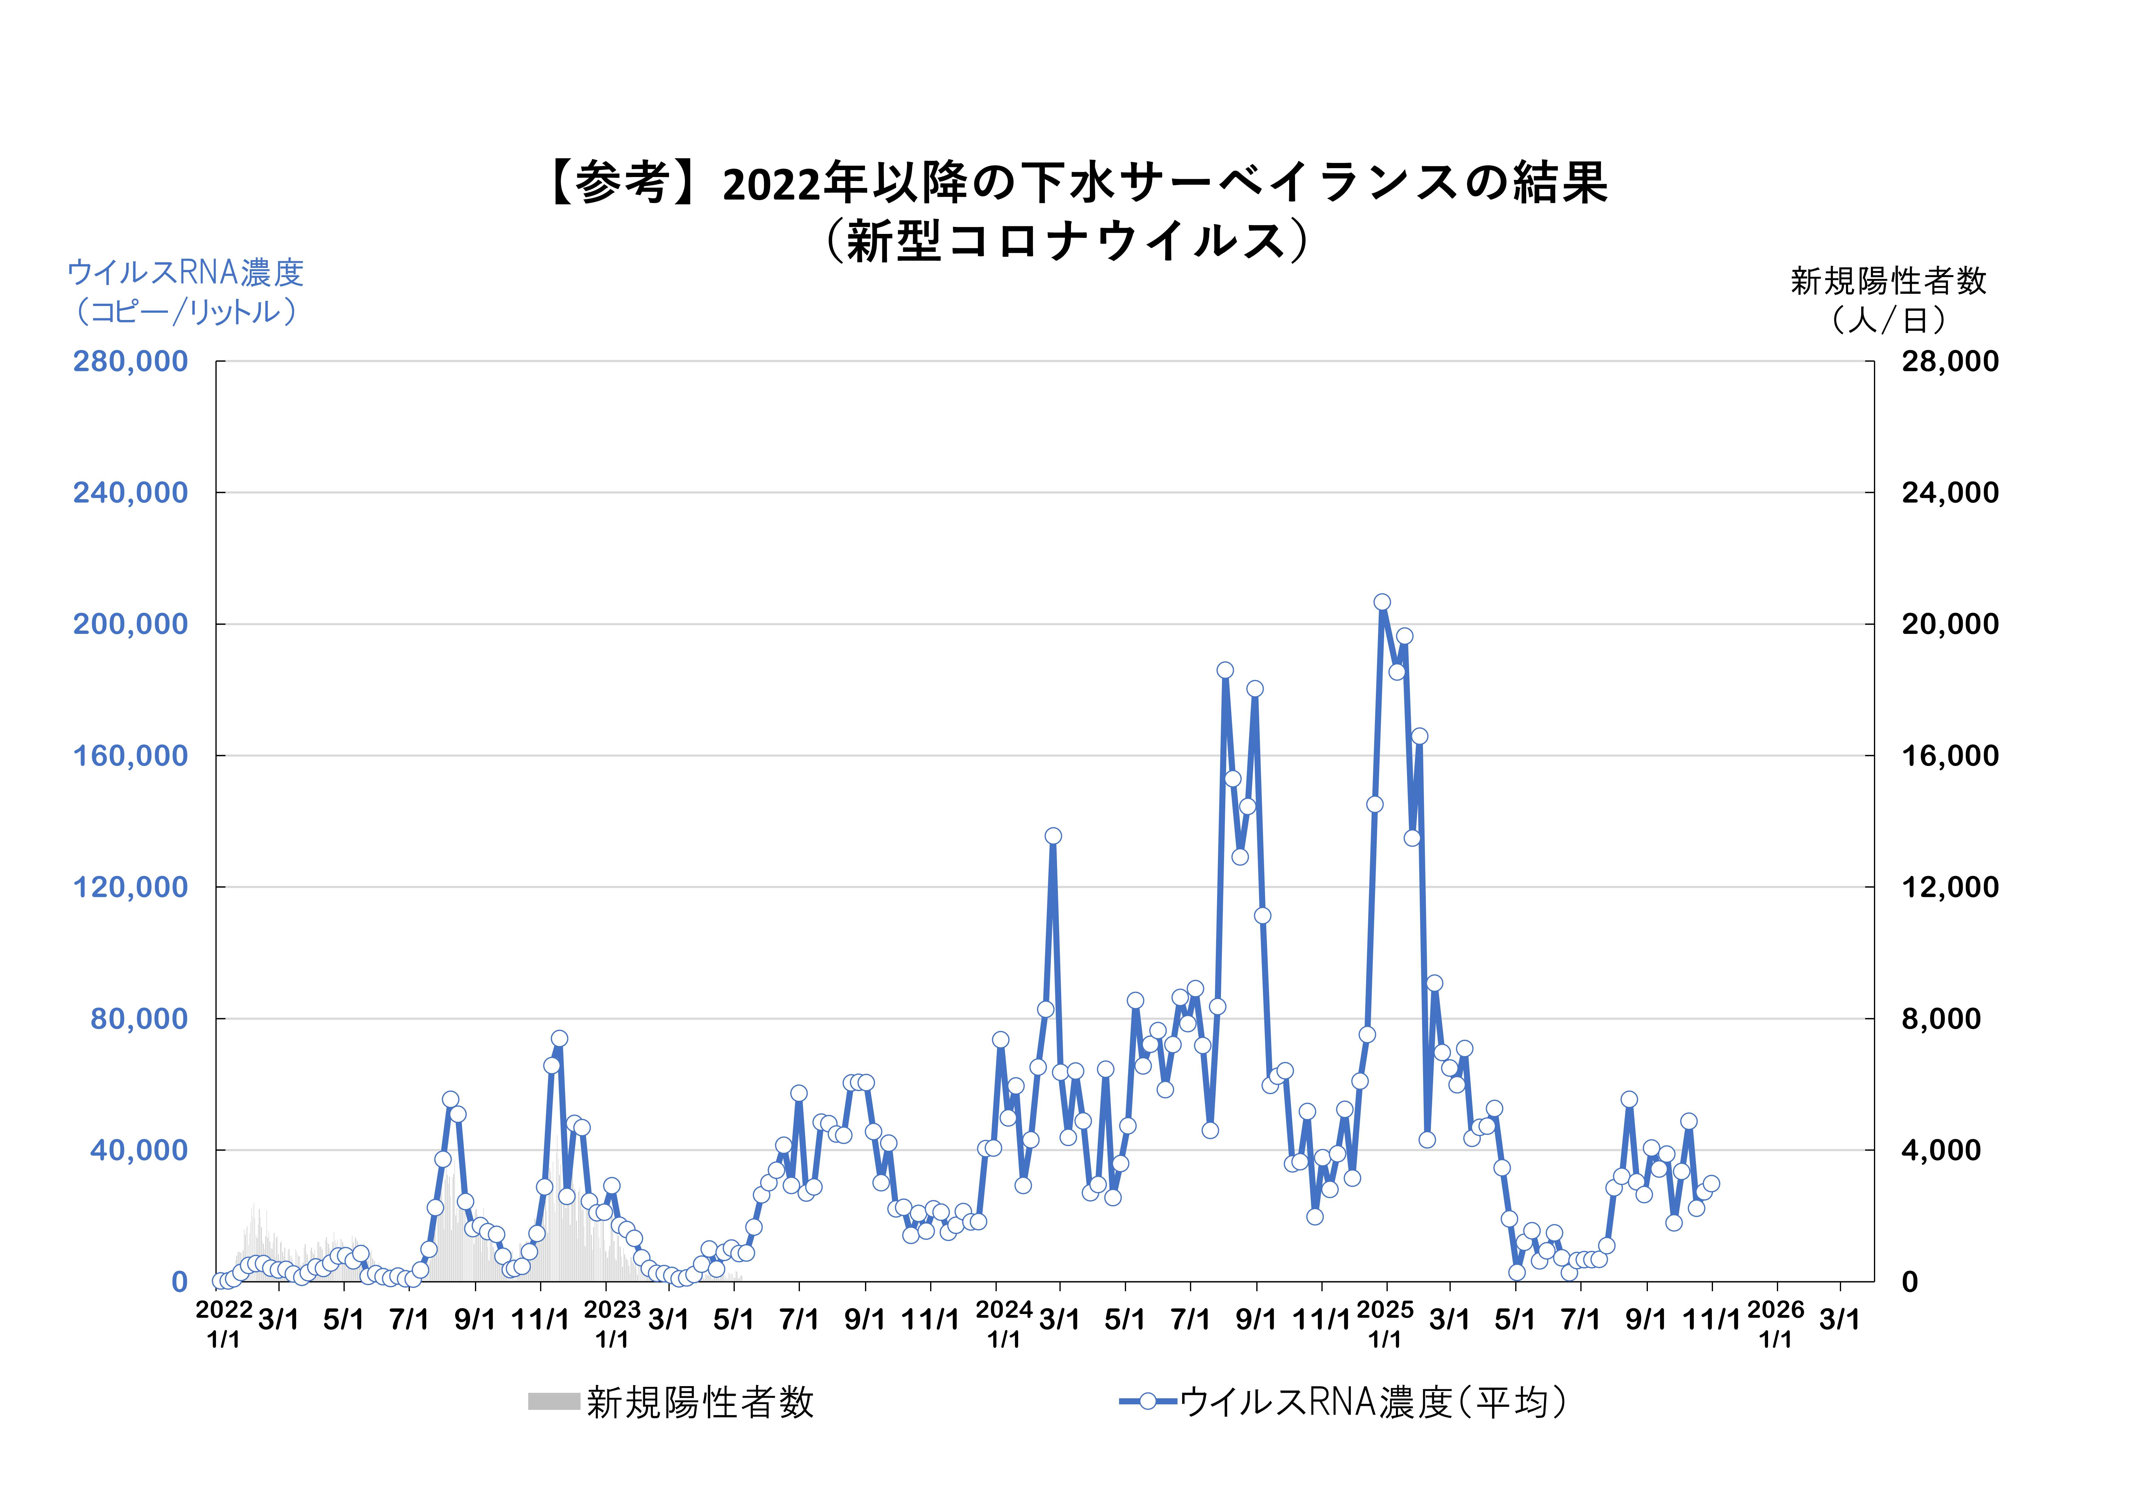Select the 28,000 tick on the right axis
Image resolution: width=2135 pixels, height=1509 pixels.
[1949, 362]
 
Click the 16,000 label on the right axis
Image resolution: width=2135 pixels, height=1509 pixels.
[1949, 756]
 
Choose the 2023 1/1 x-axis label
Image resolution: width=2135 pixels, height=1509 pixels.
[612, 1324]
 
